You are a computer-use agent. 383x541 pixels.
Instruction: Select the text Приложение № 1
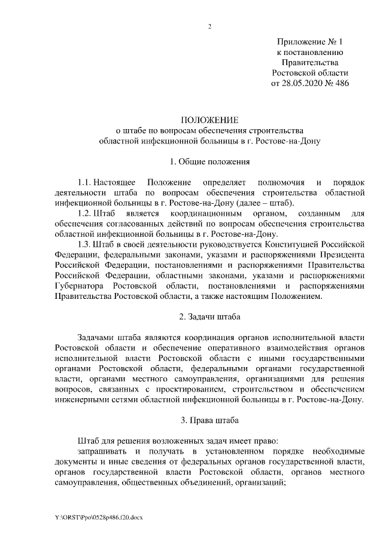pos(311,42)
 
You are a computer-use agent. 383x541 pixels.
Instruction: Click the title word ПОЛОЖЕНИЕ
pos(210,120)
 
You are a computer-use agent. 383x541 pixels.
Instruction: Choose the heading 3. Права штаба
pos(210,419)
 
